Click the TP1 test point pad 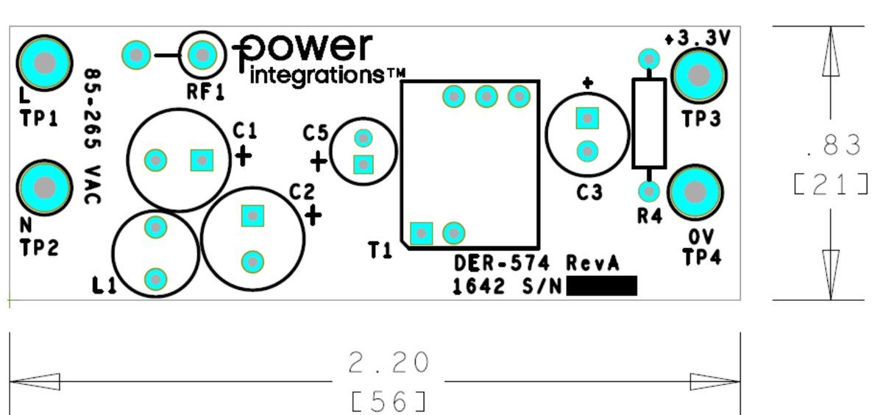(45, 63)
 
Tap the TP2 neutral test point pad (45, 188)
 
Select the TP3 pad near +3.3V (699, 75)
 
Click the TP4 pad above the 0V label (695, 192)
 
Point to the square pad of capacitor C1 (202, 160)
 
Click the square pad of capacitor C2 (252, 216)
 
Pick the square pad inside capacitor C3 (587, 118)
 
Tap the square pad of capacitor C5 (364, 165)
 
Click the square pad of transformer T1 (422, 233)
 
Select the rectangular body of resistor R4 (649, 124)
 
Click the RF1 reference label (205, 92)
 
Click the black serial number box (602, 285)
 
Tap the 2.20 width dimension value (389, 363)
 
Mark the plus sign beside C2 (313, 215)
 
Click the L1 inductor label (104, 285)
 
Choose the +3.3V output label (698, 38)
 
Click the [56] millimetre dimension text (389, 402)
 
